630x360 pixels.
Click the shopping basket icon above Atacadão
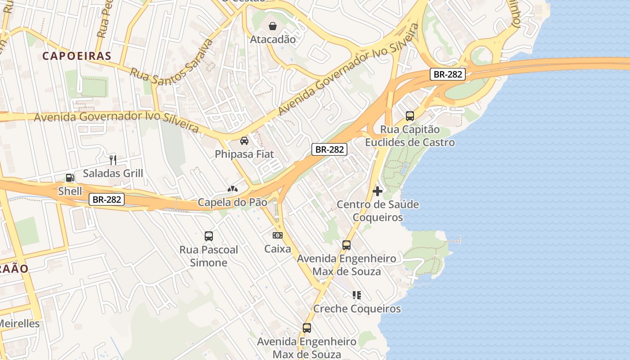[272, 26]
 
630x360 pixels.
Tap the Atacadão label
[273, 40]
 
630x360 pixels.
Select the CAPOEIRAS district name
[76, 56]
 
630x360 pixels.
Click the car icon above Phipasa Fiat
[244, 141]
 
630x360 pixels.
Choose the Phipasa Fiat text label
[244, 154]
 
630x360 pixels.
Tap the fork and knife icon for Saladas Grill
[113, 160]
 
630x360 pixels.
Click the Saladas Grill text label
[113, 173]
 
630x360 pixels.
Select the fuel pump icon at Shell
[70, 178]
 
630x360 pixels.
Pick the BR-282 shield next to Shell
[107, 199]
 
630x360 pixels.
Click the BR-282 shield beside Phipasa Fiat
[330, 149]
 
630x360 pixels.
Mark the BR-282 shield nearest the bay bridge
[447, 74]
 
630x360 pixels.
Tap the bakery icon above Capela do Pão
[232, 189]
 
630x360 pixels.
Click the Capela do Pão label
[232, 202]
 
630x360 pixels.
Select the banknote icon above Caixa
[278, 235]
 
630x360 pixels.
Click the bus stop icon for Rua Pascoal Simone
[209, 236]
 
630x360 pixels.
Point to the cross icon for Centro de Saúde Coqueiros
[378, 191]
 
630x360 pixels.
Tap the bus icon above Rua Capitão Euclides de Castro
[409, 116]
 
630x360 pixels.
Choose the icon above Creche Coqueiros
[357, 295]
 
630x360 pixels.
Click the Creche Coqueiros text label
[357, 309]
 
